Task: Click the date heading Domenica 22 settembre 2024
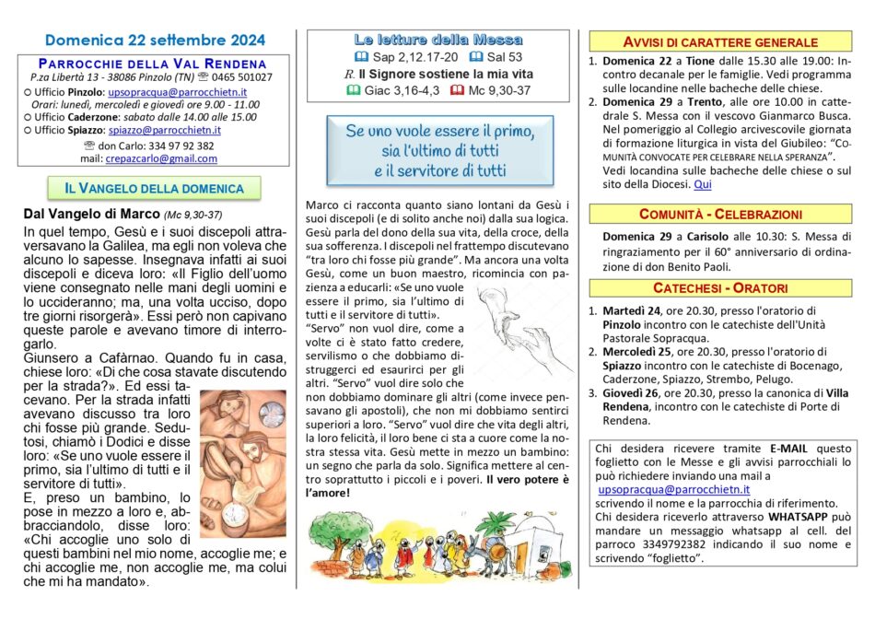click(155, 41)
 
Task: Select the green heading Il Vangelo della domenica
click(154, 188)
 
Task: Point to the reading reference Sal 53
click(496, 56)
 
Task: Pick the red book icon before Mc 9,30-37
click(458, 90)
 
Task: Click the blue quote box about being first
click(440, 151)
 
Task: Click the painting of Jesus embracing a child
click(242, 461)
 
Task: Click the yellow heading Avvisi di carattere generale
click(721, 41)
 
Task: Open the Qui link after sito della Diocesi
click(703, 184)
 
